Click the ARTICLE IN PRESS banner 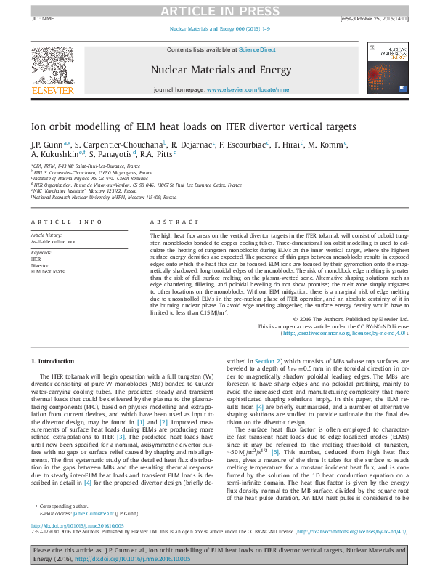216,10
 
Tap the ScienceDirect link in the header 258,49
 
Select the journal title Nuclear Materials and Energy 216,70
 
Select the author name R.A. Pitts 158,155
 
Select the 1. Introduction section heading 55,361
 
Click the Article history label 46,235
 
